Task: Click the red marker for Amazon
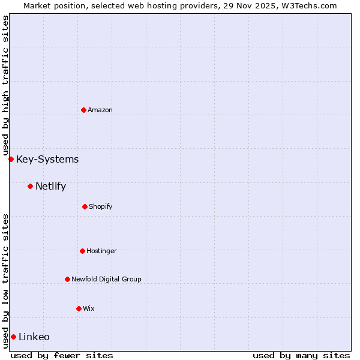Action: [83, 110]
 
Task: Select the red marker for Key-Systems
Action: [11, 159]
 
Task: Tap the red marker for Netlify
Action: [30, 186]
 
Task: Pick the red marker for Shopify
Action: [85, 206]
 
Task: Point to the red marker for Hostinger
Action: [82, 251]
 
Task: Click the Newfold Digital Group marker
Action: [67, 279]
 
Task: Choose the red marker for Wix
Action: [79, 308]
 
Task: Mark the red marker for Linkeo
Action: [13, 337]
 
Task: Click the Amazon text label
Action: [100, 110]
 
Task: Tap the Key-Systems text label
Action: [47, 159]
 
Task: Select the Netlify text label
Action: [50, 186]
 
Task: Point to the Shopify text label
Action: [101, 206]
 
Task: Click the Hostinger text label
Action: [101, 251]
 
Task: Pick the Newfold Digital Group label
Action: [106, 279]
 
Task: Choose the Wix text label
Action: [89, 308]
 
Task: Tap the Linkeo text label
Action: [34, 337]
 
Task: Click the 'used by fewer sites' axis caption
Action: [62, 355]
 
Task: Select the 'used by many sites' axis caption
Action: [301, 355]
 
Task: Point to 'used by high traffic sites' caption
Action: [5, 84]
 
